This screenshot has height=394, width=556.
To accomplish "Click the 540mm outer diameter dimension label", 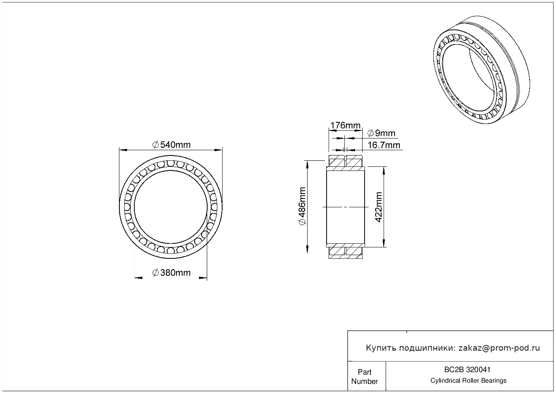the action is pyautogui.click(x=171, y=145).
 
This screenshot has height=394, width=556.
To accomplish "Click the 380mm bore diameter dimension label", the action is pyautogui.click(x=171, y=273).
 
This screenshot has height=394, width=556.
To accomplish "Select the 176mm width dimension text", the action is pyautogui.click(x=345, y=126).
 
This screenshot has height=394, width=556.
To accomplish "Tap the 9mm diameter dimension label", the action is pyautogui.click(x=381, y=133).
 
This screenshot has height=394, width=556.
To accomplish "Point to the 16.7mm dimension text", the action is pyautogui.click(x=384, y=145).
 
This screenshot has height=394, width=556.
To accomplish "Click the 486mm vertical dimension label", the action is pyautogui.click(x=302, y=206).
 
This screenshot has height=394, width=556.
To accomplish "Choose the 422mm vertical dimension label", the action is pyautogui.click(x=378, y=207).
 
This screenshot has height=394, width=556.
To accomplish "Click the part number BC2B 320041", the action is pyautogui.click(x=467, y=370).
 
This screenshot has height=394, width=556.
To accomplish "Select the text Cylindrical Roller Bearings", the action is pyautogui.click(x=468, y=381).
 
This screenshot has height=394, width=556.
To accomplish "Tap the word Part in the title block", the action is pyautogui.click(x=365, y=372).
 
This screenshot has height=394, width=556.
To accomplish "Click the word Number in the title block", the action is pyautogui.click(x=365, y=381).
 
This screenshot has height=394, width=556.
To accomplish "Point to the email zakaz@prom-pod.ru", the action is pyautogui.click(x=499, y=348).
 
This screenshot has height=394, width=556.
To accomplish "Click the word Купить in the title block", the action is pyautogui.click(x=381, y=348).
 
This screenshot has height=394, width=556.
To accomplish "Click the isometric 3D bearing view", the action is pyautogui.click(x=482, y=70).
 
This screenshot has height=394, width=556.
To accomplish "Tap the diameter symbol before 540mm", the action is pyautogui.click(x=155, y=145).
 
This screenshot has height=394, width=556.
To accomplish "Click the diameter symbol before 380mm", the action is pyautogui.click(x=155, y=273).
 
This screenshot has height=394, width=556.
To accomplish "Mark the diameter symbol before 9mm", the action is pyautogui.click(x=370, y=133).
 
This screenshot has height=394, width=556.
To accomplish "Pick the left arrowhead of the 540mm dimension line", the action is pyautogui.click(x=123, y=150).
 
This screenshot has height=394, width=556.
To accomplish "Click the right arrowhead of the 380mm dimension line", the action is pyautogui.click(x=203, y=278).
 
